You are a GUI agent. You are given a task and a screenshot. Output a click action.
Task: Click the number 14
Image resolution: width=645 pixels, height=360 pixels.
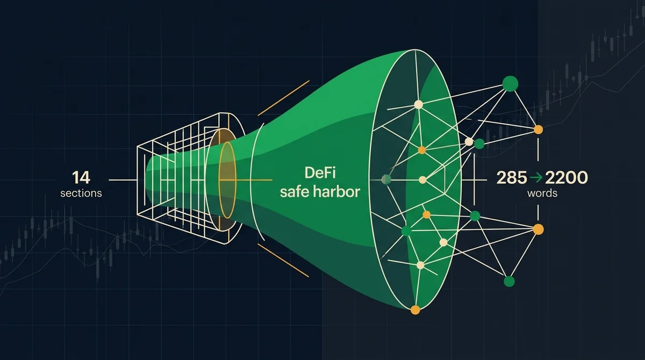point(81,177)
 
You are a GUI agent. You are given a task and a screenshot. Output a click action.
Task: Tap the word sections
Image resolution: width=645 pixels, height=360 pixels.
point(81,193)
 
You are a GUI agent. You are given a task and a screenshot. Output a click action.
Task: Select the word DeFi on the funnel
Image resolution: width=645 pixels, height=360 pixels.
point(320,172)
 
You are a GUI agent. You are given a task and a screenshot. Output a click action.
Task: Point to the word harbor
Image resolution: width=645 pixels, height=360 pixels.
point(337,192)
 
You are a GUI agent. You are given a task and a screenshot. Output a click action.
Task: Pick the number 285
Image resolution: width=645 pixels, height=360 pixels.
point(512,177)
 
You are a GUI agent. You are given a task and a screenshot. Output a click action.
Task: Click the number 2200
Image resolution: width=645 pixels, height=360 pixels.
point(567,177)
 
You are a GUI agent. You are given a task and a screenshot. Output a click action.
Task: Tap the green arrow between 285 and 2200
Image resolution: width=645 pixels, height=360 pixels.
point(536,178)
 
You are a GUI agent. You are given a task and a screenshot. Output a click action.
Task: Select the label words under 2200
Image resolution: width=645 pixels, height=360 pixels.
point(542,193)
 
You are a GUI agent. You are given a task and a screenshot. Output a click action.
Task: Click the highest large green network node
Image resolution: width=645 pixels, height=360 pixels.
point(510,84)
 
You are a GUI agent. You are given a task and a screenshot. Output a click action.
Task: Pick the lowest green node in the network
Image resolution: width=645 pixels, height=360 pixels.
point(509,282)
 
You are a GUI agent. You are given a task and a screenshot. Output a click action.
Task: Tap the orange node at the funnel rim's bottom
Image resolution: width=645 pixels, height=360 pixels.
point(415,310)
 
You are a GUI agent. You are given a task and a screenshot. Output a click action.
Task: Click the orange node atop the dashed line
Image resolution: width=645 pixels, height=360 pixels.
point(538,129)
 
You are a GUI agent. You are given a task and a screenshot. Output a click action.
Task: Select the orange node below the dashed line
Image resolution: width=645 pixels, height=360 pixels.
point(538,229)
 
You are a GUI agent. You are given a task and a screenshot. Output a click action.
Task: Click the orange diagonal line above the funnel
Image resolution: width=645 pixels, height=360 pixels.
point(284,98)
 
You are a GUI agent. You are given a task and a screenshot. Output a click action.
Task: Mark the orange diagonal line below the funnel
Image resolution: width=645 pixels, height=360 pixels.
point(283,261)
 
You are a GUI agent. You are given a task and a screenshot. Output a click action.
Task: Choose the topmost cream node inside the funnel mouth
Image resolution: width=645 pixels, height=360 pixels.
point(418,104)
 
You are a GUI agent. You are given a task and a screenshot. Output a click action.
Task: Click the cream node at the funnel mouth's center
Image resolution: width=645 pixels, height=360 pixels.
point(422,180)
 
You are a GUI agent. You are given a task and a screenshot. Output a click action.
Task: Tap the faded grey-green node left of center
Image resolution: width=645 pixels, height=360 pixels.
point(386,179)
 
